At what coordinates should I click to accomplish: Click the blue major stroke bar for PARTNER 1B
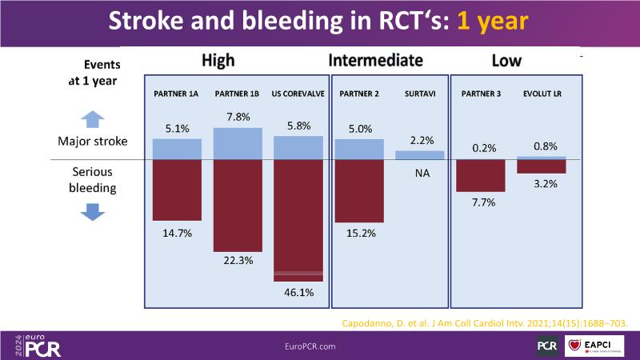click(x=238, y=143)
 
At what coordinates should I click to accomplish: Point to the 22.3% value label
click(x=238, y=260)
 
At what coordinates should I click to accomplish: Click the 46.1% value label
click(x=298, y=292)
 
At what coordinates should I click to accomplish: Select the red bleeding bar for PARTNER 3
click(x=481, y=175)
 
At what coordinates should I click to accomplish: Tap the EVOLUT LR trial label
click(x=542, y=94)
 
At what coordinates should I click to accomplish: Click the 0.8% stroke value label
click(x=542, y=146)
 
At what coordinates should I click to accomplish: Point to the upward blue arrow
click(x=94, y=119)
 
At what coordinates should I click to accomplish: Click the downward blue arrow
click(x=94, y=211)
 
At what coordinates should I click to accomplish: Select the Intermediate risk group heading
click(x=375, y=61)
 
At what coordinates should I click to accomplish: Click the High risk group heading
click(x=218, y=61)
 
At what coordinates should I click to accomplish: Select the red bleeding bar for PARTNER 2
click(x=359, y=191)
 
